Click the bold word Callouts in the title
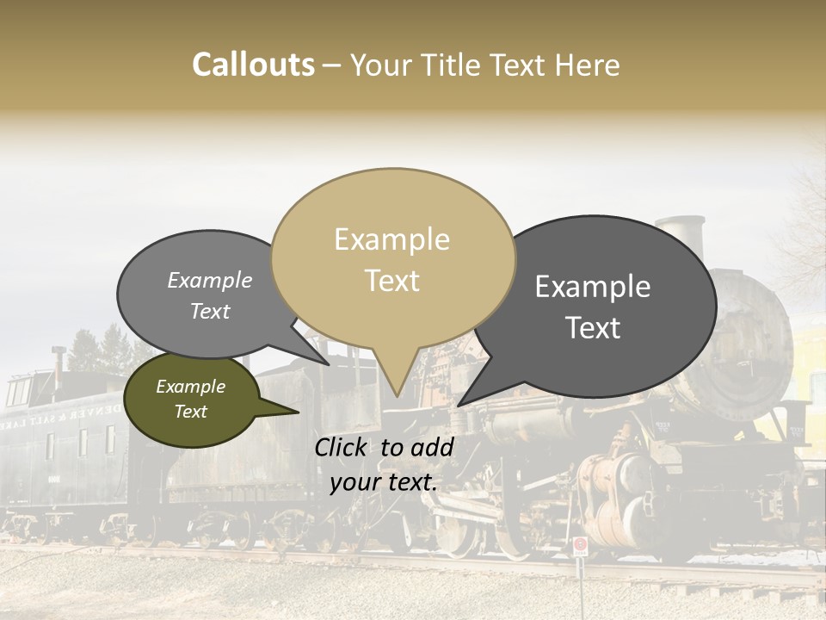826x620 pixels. point(253,65)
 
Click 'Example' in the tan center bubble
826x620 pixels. point(391,239)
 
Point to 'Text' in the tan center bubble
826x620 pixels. point(391,280)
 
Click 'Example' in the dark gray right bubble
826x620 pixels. point(593,287)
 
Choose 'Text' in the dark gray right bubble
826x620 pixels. point(593,328)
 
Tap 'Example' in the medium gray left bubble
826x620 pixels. point(209,281)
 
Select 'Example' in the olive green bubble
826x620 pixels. point(190,387)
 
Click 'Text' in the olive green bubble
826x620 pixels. point(190,412)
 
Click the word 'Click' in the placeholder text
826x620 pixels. point(342,447)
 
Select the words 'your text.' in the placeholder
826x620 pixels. point(384,482)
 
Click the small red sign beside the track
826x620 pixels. point(580,545)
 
